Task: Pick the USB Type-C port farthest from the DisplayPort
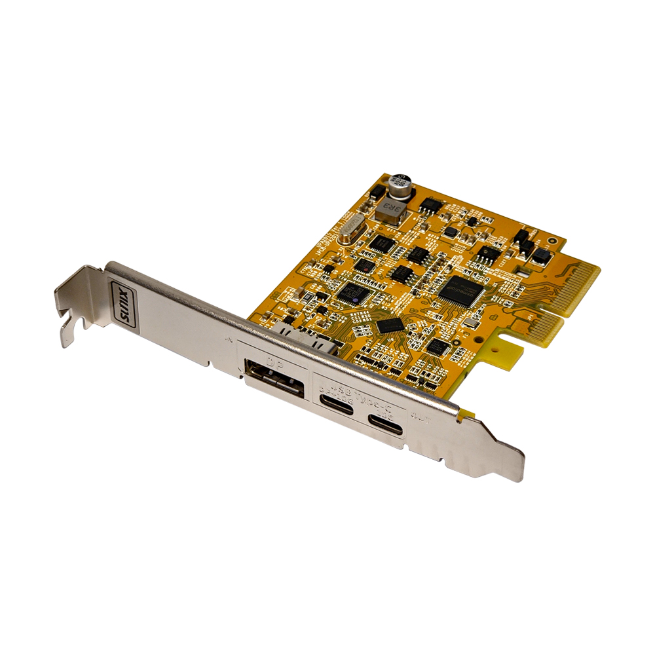(385, 421)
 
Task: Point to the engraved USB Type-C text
(360, 390)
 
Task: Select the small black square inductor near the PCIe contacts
(542, 255)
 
